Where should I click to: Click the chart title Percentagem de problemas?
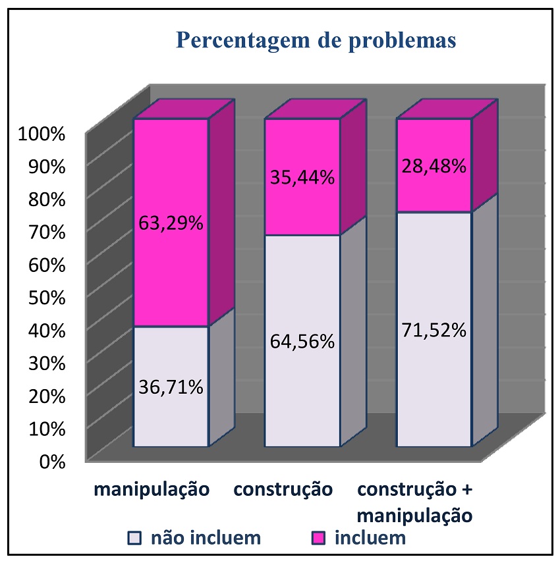316,40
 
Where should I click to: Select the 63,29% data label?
170,223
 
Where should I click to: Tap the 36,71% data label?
170,387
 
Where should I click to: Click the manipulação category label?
152,491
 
